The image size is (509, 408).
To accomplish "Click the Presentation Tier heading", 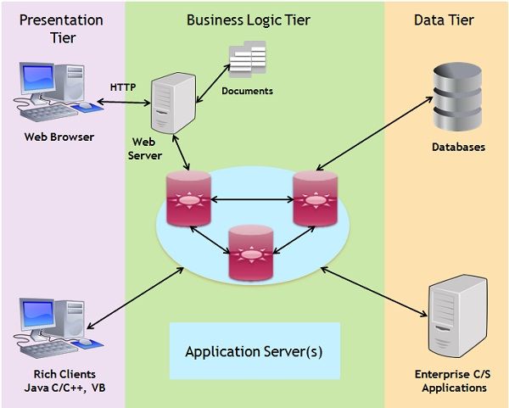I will click(62, 27).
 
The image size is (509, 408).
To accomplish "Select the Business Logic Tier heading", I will click(254, 20).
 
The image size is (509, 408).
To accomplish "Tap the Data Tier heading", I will click(445, 20).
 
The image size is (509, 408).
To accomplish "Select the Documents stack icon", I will click(246, 59).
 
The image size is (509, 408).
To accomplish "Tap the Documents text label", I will click(247, 91).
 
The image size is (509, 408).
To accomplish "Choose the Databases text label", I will click(457, 147).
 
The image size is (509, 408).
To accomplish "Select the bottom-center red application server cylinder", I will click(251, 252).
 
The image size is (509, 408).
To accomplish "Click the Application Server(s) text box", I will click(254, 350).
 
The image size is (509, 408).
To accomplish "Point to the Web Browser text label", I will click(59, 137).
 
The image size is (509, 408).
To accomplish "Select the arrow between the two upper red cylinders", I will click(251, 201).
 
